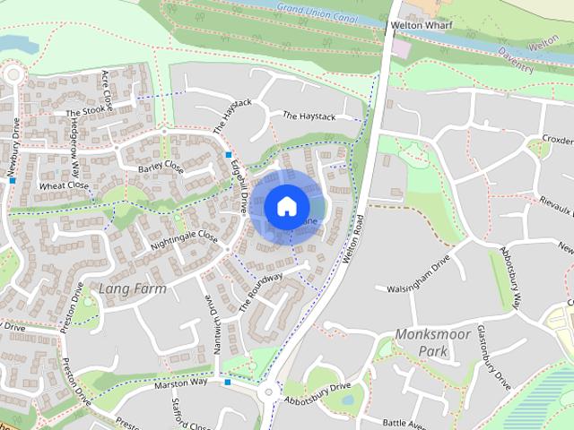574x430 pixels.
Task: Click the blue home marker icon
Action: (x=285, y=205)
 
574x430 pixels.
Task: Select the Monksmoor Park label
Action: (x=421, y=342)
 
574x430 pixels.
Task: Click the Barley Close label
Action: (x=161, y=168)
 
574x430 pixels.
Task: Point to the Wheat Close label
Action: (x=64, y=185)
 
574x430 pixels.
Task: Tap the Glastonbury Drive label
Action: (x=492, y=357)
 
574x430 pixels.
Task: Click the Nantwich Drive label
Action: (x=215, y=322)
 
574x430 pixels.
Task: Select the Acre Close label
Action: (x=109, y=87)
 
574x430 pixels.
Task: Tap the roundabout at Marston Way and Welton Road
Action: (x=268, y=391)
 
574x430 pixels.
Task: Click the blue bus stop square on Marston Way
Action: (x=228, y=383)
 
